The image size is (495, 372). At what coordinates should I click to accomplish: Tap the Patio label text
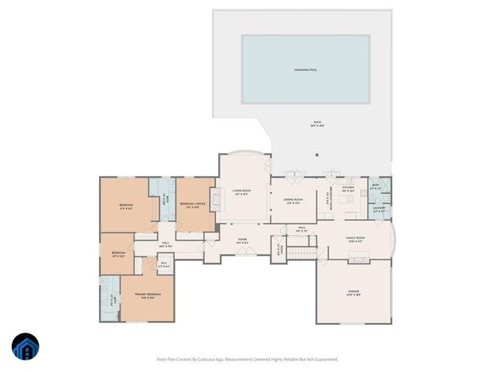pos(316,122)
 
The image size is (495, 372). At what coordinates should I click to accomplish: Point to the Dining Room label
pos(293,200)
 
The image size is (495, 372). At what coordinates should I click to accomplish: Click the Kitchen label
pos(349,188)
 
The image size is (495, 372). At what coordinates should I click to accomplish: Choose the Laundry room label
pos(379,208)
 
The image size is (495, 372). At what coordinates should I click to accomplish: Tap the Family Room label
pos(355,238)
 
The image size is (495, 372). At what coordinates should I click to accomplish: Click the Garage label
pos(353,291)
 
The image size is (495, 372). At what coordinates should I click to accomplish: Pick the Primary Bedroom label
pos(149,295)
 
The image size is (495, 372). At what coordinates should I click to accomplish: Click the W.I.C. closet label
pos(164,263)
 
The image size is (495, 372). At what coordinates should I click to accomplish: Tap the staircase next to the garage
pos(308,256)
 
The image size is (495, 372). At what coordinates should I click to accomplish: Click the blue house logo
pos(26,347)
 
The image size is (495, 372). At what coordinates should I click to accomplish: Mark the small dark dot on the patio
pos(317,154)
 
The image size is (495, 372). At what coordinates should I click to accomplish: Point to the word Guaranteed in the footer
pos(325,359)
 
